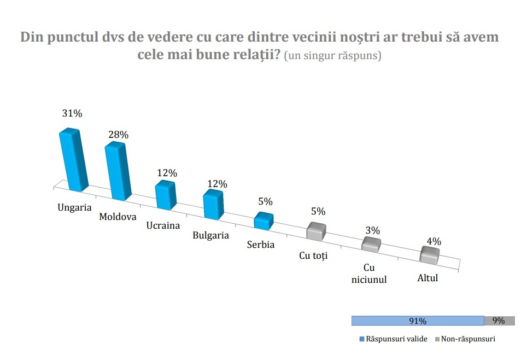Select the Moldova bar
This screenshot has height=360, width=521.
tap(119, 171)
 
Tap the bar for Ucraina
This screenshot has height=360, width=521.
tap(165, 195)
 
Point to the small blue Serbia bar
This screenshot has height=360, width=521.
tap(264, 220)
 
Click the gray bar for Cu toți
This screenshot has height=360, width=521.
tap(315, 231)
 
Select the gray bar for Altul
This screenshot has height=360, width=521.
tap(429, 255)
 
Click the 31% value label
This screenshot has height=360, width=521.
tap(72, 114)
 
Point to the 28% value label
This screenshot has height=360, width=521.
tap(118, 134)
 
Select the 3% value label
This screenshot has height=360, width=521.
tap(373, 230)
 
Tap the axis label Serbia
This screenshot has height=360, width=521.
tap(261, 245)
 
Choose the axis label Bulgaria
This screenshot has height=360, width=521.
tap(210, 235)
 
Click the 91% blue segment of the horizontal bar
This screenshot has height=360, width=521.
tap(418, 321)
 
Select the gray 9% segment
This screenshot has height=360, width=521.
tap(499, 321)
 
